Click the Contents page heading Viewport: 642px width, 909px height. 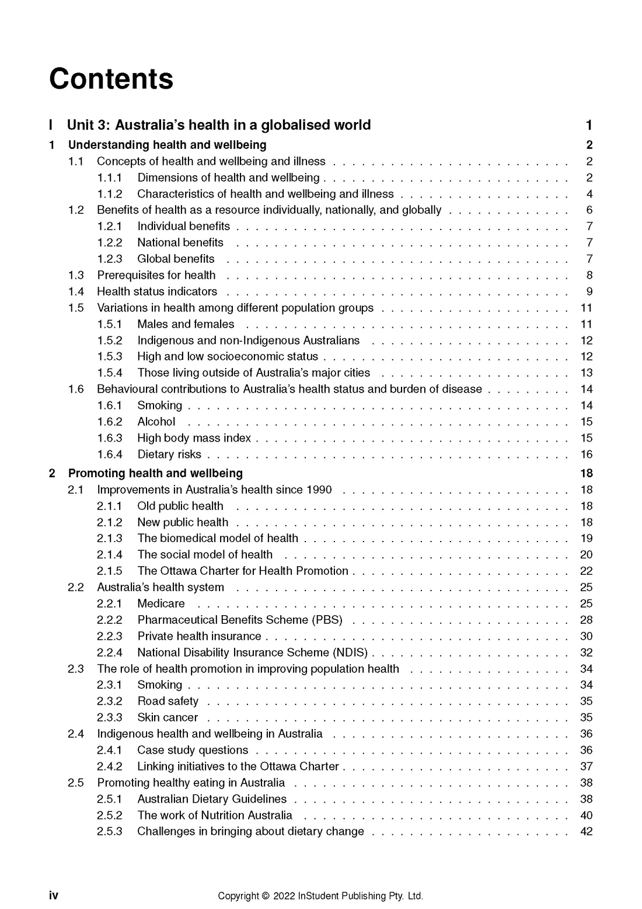(111, 79)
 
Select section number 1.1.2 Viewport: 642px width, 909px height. (110, 194)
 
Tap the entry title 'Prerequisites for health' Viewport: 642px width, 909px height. (156, 275)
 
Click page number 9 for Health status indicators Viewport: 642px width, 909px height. (589, 292)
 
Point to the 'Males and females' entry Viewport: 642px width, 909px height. (186, 324)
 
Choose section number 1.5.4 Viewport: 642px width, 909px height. (110, 373)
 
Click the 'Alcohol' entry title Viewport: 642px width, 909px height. (156, 422)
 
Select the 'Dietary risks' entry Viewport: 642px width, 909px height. (169, 454)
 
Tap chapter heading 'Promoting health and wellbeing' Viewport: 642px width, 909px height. (155, 473)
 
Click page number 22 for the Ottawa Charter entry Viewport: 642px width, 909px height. (586, 571)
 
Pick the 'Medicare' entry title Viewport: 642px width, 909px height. (161, 603)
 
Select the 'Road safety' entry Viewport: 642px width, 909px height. (168, 701)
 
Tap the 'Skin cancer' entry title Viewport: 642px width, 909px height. (168, 717)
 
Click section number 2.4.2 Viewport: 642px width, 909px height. (110, 766)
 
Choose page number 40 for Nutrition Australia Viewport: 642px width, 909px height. (586, 816)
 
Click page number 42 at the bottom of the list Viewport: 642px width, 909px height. (586, 832)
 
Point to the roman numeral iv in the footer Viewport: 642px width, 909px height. (54, 896)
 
